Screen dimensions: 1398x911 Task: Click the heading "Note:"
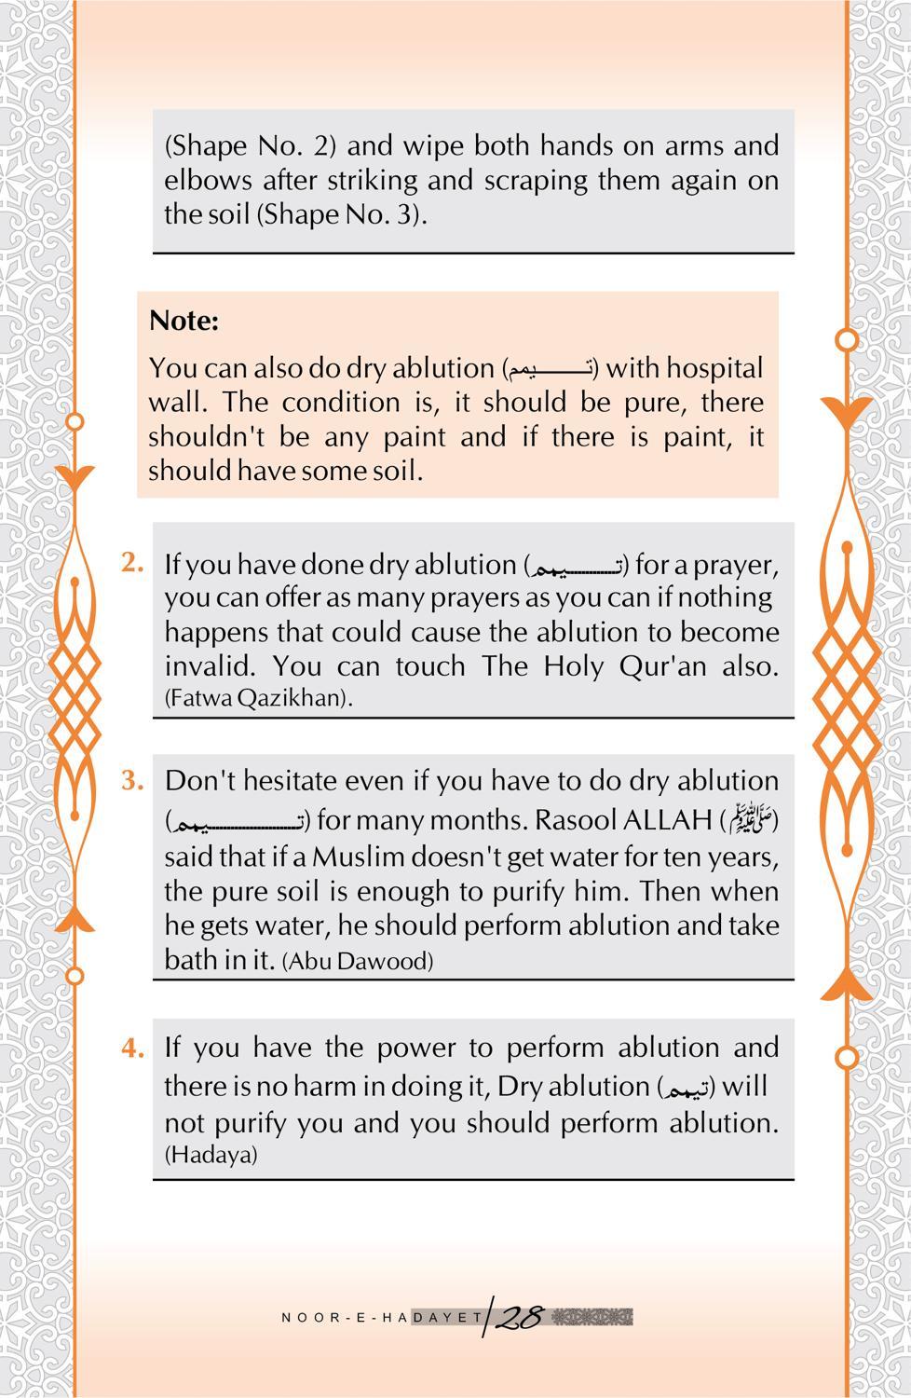[184, 321]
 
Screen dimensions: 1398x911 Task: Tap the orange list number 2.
[132, 562]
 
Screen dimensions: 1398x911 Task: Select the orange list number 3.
[132, 780]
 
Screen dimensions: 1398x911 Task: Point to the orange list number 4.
[132, 1048]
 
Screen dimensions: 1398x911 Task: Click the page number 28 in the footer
[518, 1317]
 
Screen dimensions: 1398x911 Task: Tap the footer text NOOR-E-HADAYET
[382, 1318]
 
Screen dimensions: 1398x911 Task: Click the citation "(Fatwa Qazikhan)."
[258, 698]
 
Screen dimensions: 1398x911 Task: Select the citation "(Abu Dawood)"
[358, 961]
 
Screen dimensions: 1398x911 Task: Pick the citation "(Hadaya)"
[211, 1155]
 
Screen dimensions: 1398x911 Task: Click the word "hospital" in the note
[714, 368]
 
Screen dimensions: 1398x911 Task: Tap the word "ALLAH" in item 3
[666, 820]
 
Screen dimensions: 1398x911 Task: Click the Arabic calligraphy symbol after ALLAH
[748, 821]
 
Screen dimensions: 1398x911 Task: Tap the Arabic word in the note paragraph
[550, 369]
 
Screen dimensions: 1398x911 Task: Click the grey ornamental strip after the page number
[592, 1317]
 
